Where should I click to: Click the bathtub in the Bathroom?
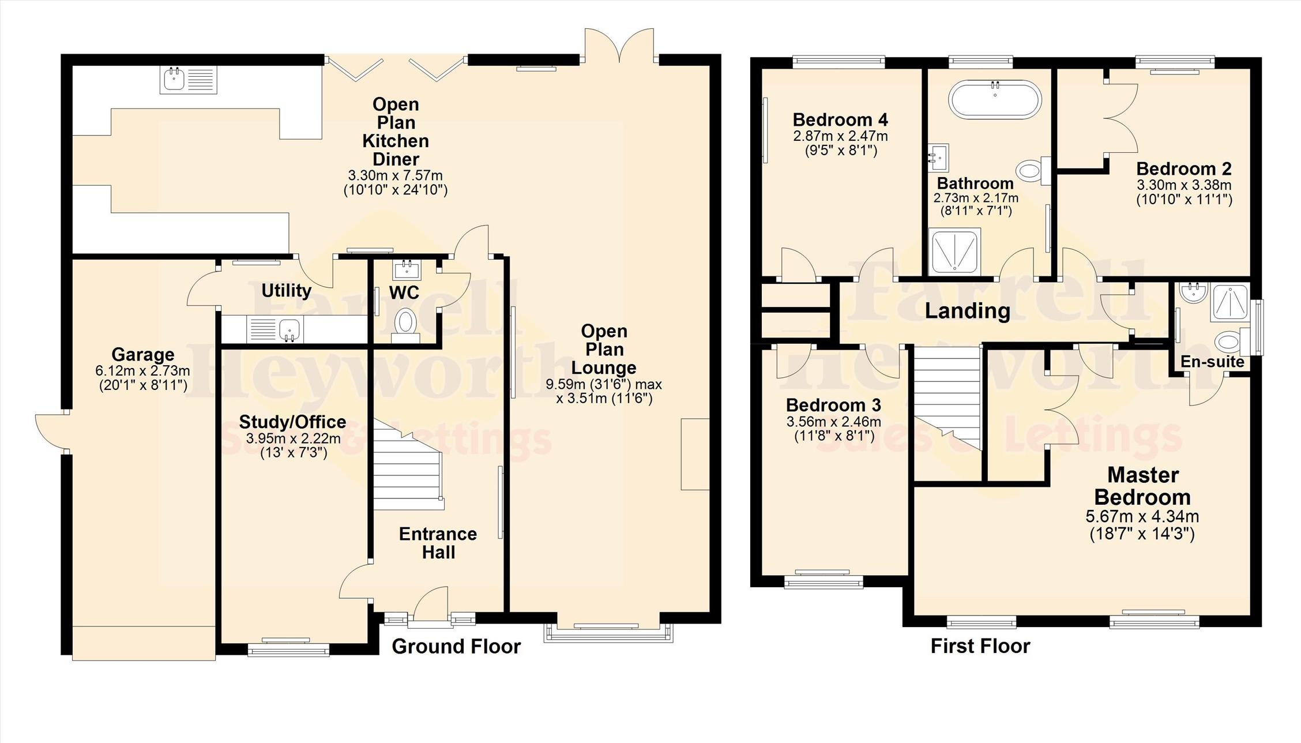995,99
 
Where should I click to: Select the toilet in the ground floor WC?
405,325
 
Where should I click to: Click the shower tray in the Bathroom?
955,252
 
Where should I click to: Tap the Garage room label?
143,354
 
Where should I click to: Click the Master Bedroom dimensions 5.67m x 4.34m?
1142,517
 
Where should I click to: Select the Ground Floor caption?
456,646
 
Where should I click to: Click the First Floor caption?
980,646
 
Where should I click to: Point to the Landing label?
967,311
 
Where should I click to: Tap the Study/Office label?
292,422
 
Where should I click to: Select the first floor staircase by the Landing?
947,398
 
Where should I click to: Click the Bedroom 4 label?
840,120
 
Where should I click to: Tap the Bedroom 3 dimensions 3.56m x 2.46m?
834,422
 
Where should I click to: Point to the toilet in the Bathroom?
1033,170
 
